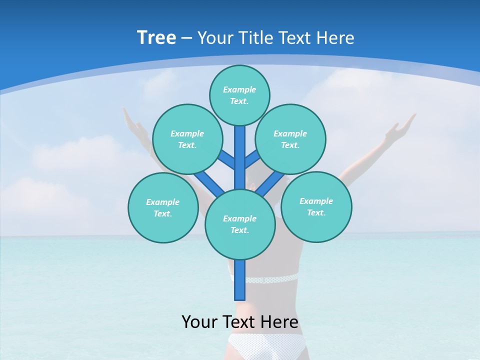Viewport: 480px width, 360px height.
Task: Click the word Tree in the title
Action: [x=156, y=37]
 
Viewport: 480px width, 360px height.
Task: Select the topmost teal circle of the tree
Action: [x=239, y=95]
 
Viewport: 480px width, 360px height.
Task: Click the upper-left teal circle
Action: [x=187, y=139]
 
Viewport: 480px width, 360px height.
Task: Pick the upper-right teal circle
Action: [x=290, y=139]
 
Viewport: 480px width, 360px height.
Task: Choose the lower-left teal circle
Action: [x=163, y=207]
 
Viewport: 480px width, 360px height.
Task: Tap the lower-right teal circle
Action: [x=316, y=206]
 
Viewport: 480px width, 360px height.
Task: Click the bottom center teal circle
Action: [x=239, y=224]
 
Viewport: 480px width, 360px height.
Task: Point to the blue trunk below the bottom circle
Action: [x=239, y=280]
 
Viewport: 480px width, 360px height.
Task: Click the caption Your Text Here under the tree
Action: [x=239, y=321]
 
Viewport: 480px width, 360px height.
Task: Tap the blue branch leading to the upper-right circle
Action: [x=251, y=159]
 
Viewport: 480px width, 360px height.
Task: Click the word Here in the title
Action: [x=335, y=37]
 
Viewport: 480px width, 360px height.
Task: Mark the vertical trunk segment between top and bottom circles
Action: [x=239, y=157]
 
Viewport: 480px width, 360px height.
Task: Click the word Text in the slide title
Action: [x=295, y=37]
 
